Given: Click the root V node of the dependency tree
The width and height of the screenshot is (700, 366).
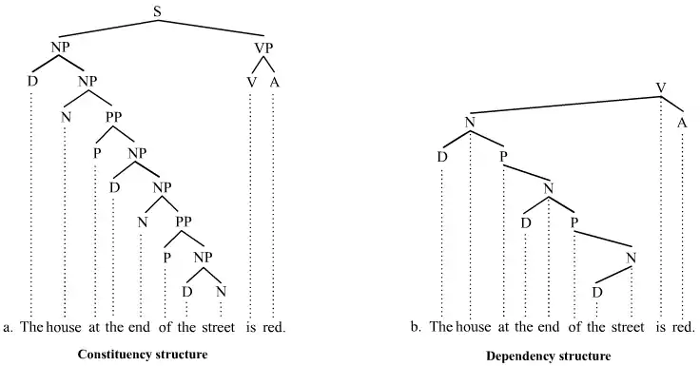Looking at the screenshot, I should coord(660,88).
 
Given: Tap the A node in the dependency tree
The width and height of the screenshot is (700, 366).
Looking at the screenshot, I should coord(682,122).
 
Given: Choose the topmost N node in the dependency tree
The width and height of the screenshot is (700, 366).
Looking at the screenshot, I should coord(470,122).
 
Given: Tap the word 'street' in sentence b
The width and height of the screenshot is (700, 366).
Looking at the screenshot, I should coord(627,328).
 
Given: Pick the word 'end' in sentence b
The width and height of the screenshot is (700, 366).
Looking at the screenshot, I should coord(548,328).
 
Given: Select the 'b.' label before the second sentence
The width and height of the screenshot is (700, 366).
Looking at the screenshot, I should coord(416,328).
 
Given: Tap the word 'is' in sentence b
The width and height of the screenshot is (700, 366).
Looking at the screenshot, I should coord(660,328).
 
